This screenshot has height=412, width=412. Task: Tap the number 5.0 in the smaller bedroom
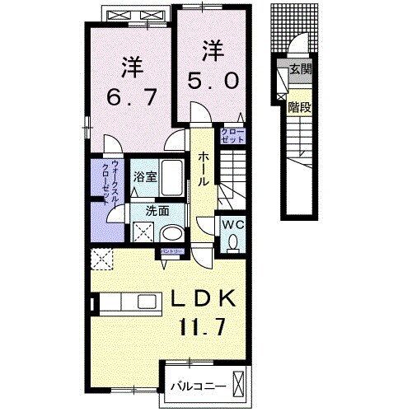coord(212,81)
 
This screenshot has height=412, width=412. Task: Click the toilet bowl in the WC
coord(233,242)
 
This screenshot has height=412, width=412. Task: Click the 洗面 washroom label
coord(157,210)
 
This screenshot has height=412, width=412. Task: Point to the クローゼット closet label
coord(228,135)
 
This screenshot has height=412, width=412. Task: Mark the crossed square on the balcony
coord(239,385)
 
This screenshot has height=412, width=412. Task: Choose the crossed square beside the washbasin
coord(143,233)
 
